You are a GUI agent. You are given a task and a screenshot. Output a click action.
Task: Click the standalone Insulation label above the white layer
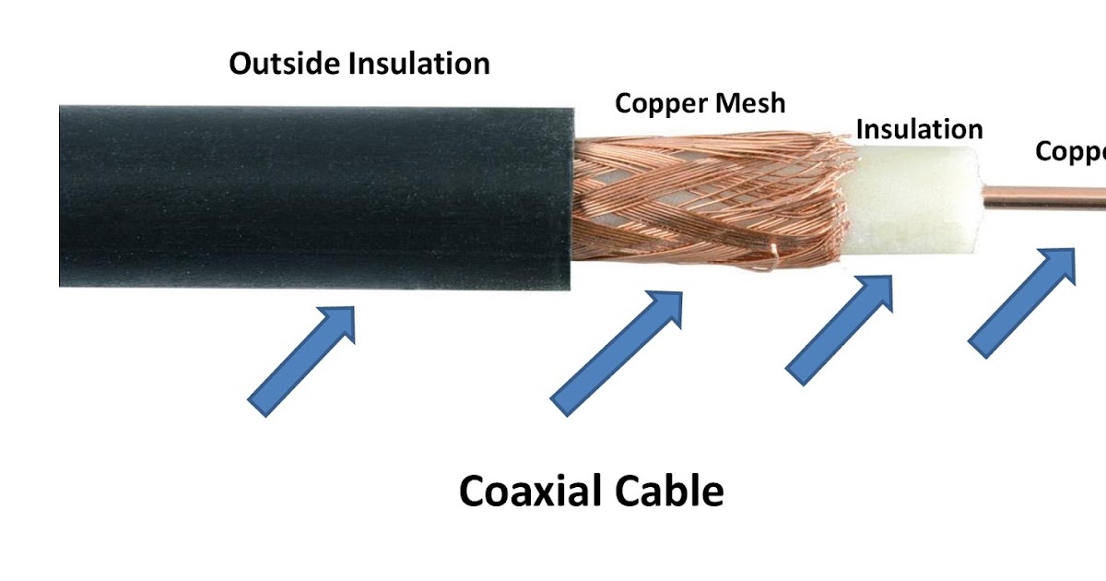(x=919, y=129)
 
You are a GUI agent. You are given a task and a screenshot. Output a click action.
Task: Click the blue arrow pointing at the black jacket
(x=302, y=360)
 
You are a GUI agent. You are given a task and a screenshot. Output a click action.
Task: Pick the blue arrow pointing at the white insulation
(x=840, y=329)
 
